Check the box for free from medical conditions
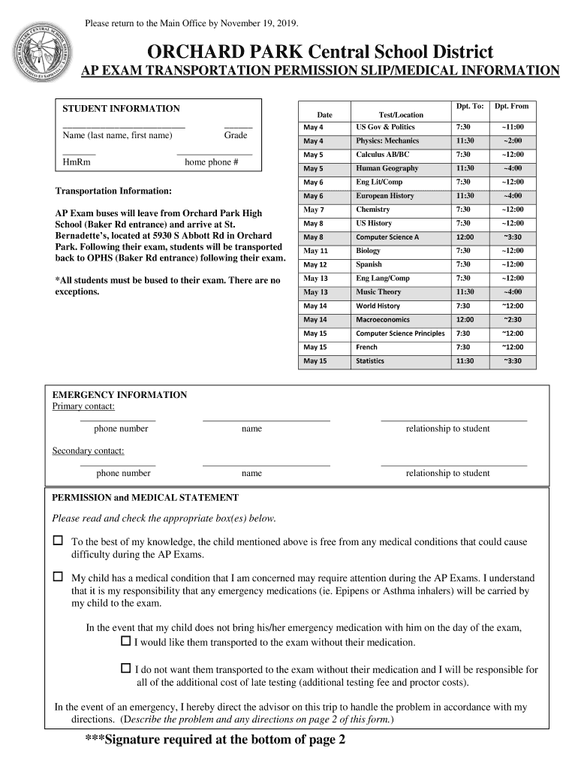pos(58,541)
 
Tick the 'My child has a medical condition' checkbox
pos(58,578)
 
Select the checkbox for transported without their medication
pos(126,642)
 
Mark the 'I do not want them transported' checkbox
pos(126,668)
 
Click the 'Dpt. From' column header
pos(511,107)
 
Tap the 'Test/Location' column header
pos(401,115)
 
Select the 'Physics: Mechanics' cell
pos(387,141)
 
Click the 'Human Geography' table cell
pos(387,168)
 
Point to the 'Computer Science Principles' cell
pos(400,333)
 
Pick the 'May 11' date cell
pos(315,251)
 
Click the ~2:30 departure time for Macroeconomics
pos(513,320)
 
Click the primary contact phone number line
pos(119,420)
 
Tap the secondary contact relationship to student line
pos(453,465)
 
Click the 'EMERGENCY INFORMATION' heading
pos(119,395)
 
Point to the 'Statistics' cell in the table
pos(370,361)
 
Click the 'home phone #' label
pos(211,162)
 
